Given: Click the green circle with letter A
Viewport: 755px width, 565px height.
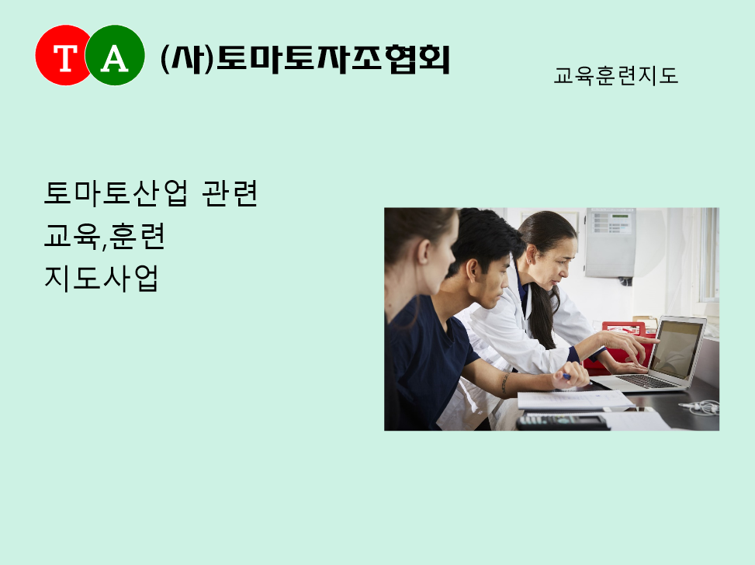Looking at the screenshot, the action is coord(115,55).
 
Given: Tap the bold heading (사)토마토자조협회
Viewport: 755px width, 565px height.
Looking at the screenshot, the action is coord(305,59).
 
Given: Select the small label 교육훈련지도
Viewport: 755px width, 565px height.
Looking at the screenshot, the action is coord(616,76).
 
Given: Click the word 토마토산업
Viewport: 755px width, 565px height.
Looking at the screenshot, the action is coord(116,193).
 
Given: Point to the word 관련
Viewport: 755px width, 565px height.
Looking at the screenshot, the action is coord(230,193).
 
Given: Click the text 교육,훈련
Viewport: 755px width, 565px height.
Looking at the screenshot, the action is coord(105,236).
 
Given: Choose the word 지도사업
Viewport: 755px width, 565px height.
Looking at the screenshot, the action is coord(102,278).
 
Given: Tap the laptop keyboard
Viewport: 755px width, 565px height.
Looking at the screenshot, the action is coord(646,380).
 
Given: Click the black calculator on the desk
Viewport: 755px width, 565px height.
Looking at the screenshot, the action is coord(563,422).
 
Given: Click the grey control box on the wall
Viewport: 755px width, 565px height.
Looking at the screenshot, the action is coord(611,243).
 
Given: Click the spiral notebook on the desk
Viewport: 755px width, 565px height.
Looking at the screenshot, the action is coord(576,400).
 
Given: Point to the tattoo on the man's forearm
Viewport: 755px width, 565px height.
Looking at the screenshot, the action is coord(504,383).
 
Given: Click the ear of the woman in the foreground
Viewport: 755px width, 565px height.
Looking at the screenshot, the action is coord(423,252).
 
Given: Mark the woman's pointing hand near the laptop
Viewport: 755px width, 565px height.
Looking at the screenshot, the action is coord(626,343).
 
